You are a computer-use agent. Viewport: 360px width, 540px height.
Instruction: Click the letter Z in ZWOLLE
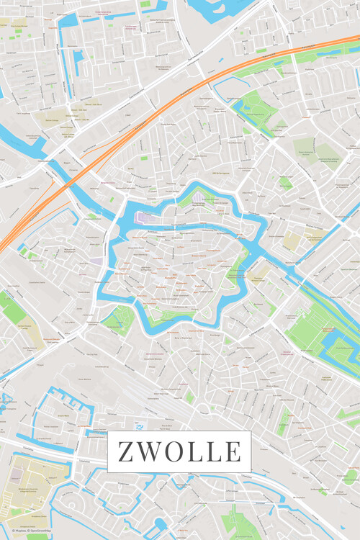pyautogui.click(x=125, y=451)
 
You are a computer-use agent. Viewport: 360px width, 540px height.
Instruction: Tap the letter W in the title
pyautogui.click(x=149, y=451)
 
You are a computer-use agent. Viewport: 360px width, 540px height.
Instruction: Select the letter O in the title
pyautogui.click(x=175, y=451)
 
